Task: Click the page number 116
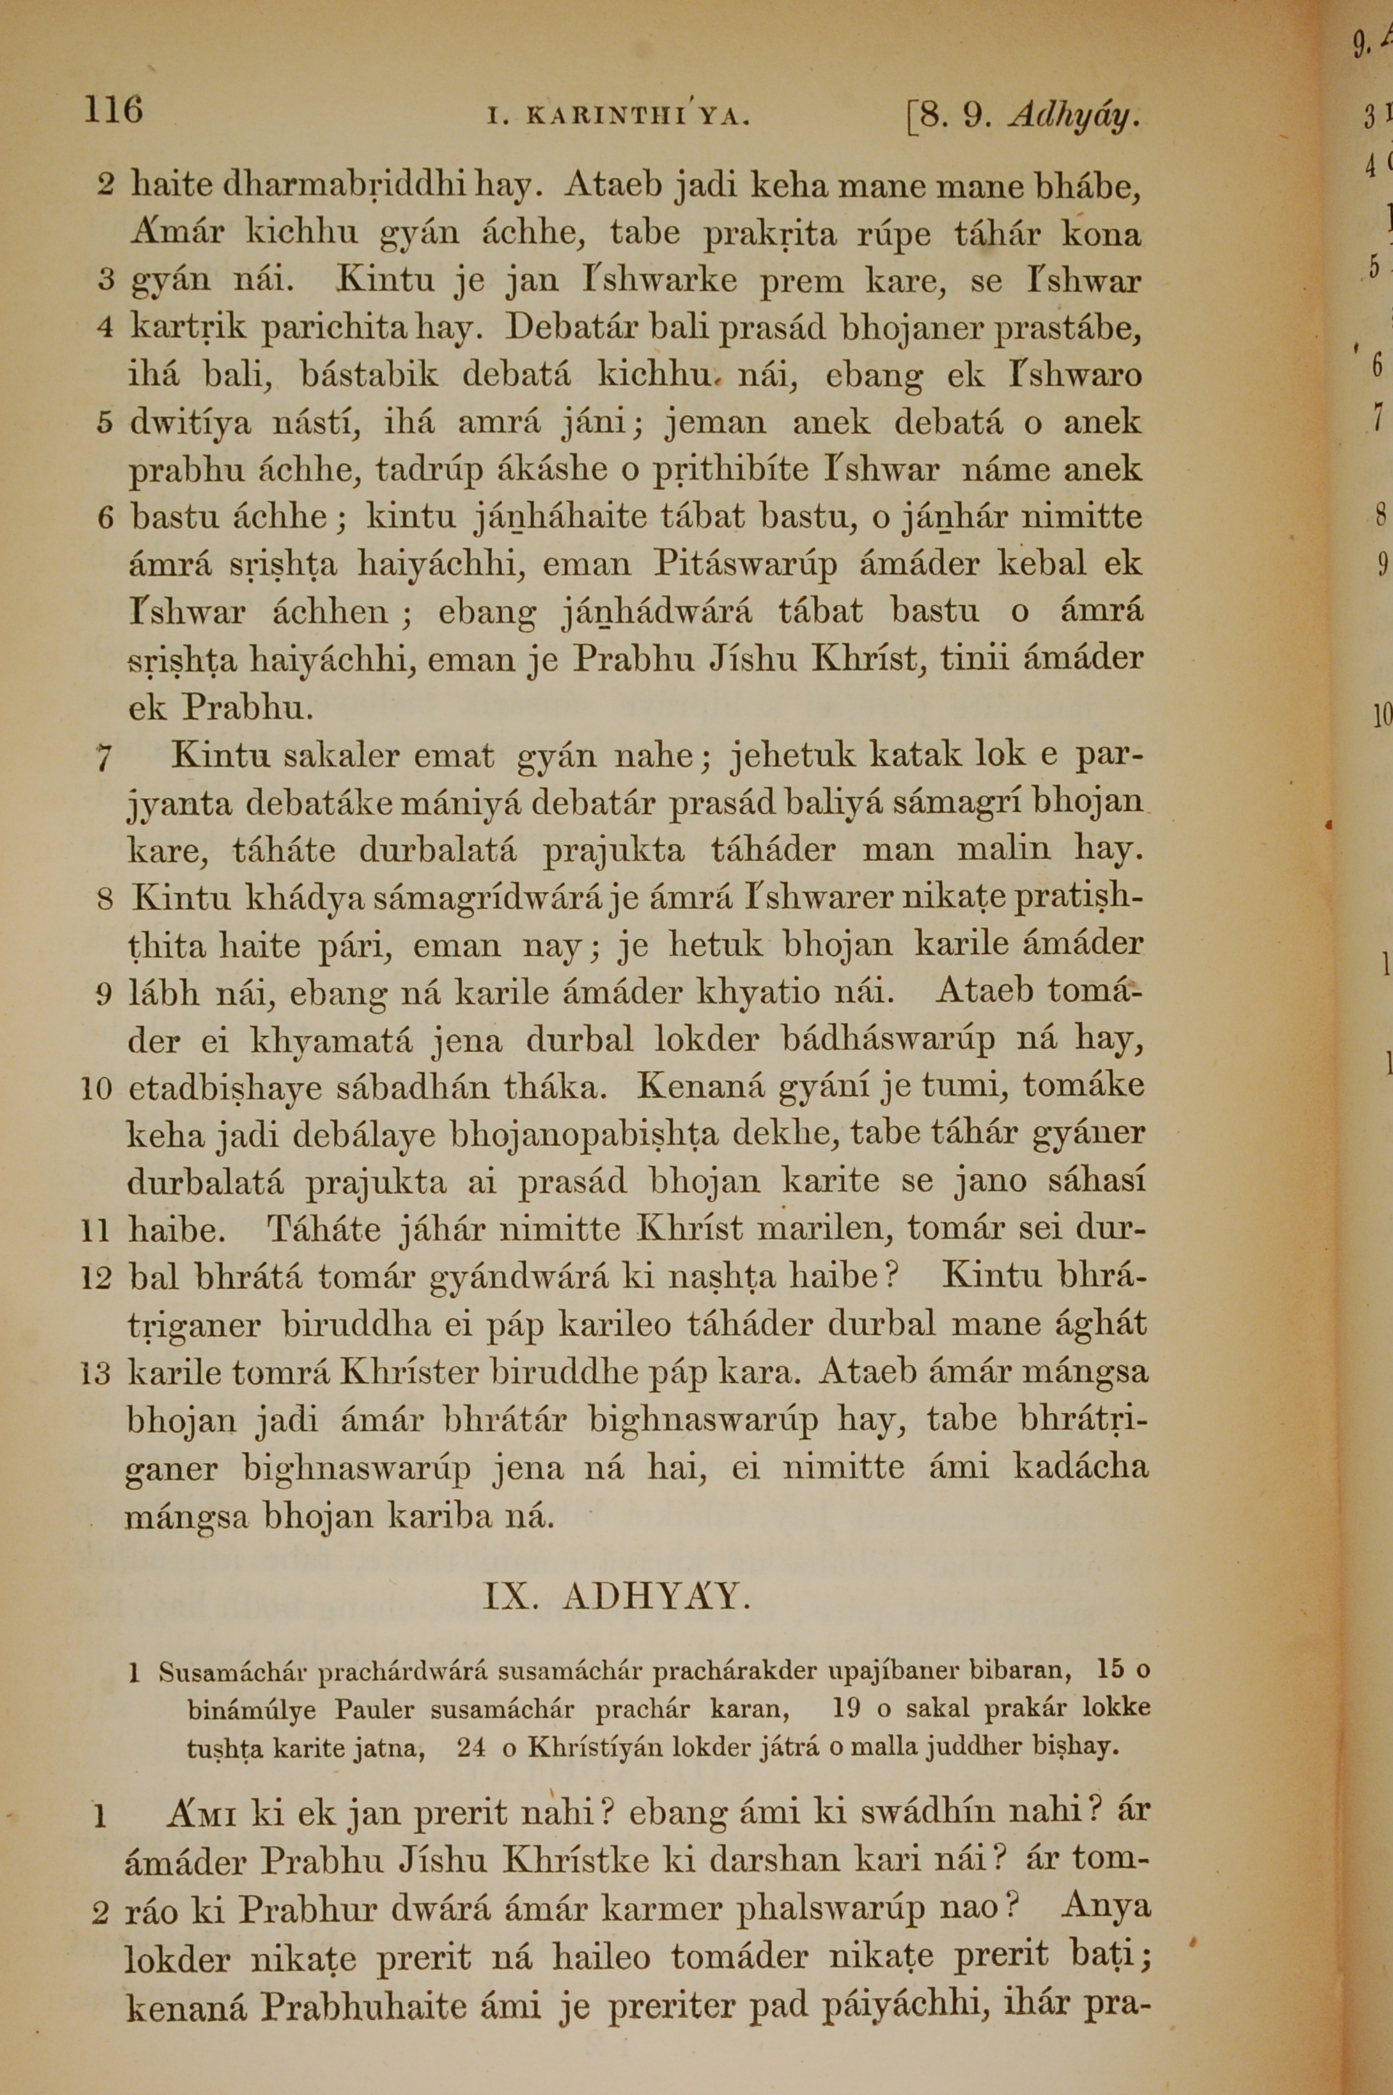113,110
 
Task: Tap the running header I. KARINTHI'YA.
619,116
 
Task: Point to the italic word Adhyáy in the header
1073,116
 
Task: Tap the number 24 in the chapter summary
471,1747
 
